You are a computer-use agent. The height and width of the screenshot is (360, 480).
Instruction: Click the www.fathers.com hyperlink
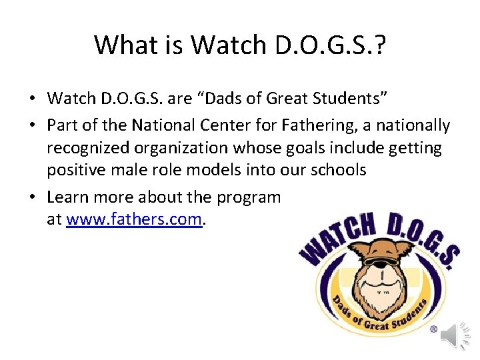(x=134, y=219)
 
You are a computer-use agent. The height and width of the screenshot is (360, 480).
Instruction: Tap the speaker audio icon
(x=459, y=335)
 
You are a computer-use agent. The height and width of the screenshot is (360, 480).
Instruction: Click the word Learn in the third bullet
(x=68, y=198)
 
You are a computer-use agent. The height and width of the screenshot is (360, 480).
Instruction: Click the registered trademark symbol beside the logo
(x=433, y=329)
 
